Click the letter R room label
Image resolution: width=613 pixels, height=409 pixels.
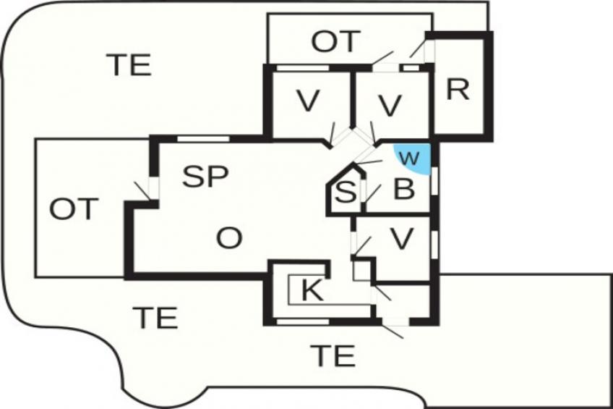point(458,90)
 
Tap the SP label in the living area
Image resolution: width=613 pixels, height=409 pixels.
point(205,176)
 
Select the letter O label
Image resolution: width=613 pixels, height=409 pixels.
point(229,238)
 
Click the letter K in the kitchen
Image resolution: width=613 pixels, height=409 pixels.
point(313,290)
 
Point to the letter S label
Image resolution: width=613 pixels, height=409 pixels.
point(346,192)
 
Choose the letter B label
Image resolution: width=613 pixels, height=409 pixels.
point(404,189)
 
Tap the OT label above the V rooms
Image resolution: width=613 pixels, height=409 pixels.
point(335,41)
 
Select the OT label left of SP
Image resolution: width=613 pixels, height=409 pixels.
point(74,208)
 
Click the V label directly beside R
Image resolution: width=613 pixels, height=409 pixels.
point(390,105)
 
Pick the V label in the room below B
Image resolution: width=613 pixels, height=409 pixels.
point(402,238)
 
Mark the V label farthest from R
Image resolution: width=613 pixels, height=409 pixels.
point(308,101)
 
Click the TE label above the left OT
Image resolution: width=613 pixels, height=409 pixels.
point(129,65)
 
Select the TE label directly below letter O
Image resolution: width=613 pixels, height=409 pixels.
point(155,317)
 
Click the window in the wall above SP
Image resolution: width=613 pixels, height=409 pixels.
point(203,138)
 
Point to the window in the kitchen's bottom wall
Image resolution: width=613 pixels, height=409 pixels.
point(303,321)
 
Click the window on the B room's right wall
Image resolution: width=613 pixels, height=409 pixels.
point(434,180)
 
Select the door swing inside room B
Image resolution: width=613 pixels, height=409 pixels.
point(372,194)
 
